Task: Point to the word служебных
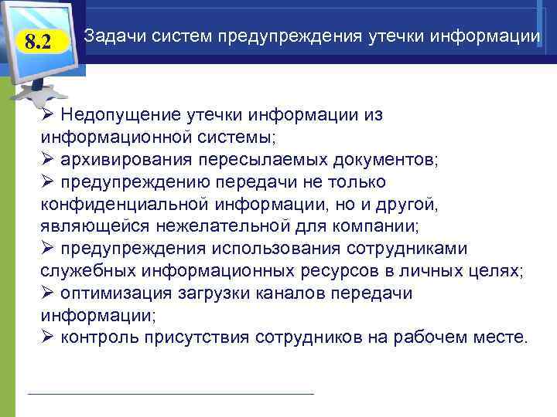(86, 271)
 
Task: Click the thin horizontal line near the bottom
(170, 394)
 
